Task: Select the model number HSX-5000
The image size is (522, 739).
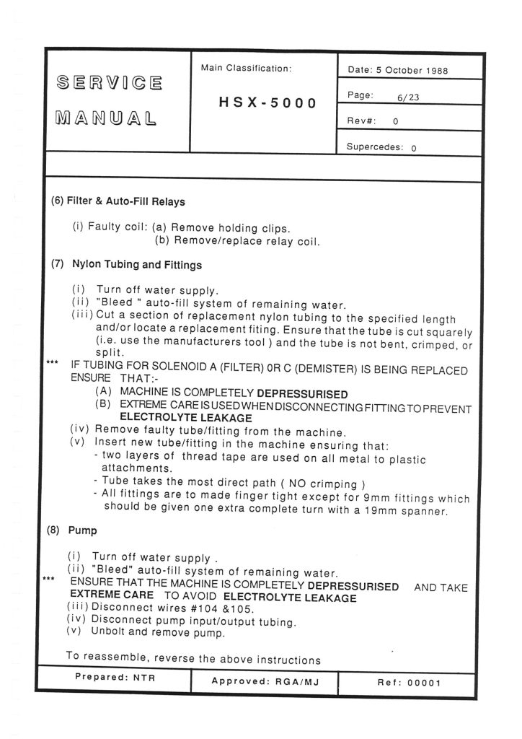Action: coord(267,102)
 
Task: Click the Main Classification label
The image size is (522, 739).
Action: coord(247,69)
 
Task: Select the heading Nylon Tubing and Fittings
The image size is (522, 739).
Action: coord(137,265)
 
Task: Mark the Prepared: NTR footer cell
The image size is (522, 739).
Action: coord(115,679)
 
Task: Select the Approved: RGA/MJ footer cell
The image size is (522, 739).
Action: coord(264,681)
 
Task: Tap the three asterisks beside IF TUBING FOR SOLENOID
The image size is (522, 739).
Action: coord(52,362)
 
